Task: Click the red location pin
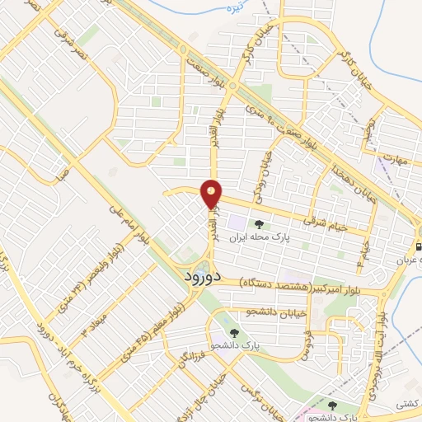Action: (x=212, y=194)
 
